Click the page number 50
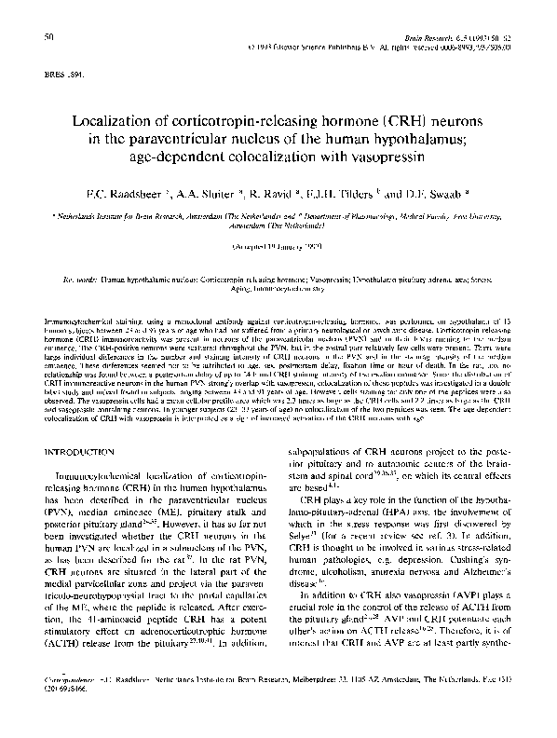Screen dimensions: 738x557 [48, 35]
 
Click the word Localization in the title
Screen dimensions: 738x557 [121, 124]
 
